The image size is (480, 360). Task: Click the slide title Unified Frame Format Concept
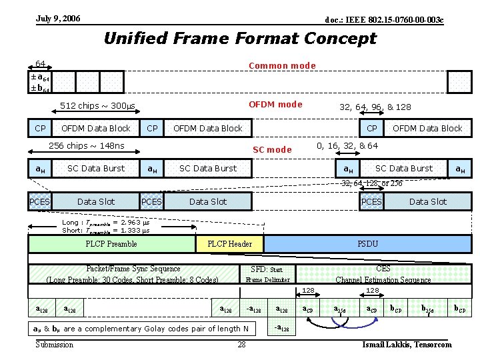coord(240,39)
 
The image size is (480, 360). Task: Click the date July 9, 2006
coord(58,19)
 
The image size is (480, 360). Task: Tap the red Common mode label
coord(281,65)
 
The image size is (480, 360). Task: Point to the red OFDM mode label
coord(275,104)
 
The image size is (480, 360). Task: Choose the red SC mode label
coord(272,149)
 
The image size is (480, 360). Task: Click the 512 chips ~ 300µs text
coord(97,106)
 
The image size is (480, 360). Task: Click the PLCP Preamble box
coord(112,244)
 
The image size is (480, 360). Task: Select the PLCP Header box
coord(230,244)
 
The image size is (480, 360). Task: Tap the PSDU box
coord(367,244)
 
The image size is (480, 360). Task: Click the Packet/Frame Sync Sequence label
coord(133,269)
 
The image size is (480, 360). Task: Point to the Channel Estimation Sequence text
coord(383,279)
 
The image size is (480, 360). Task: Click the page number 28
coord(241,345)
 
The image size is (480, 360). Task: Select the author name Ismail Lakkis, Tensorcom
coord(407,345)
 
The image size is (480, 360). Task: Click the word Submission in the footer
coord(55,345)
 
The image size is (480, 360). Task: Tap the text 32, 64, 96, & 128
coord(375,107)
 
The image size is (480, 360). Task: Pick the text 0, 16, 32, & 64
coord(347,146)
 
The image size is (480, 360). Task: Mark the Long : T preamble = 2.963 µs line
coord(106,223)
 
